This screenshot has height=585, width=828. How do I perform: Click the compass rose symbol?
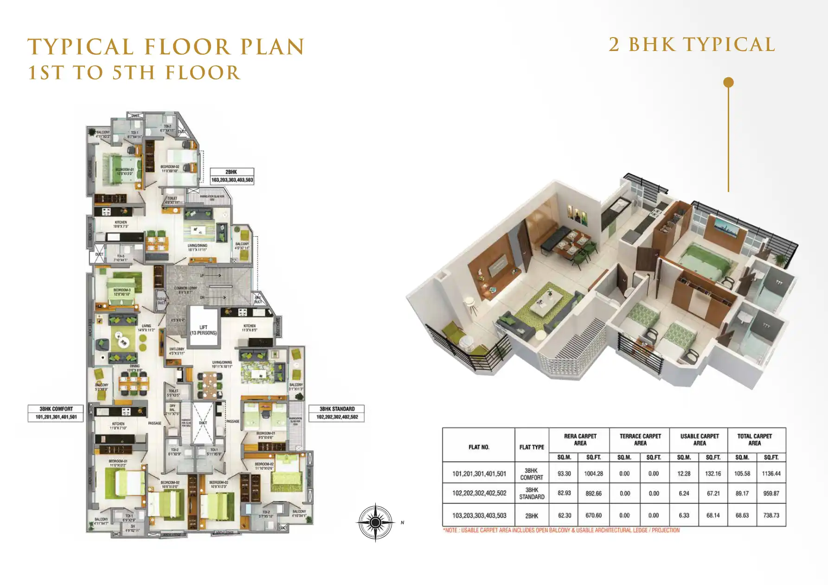[375, 522]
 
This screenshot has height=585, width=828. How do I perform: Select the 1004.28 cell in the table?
[593, 474]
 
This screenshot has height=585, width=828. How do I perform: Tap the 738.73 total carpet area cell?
[771, 515]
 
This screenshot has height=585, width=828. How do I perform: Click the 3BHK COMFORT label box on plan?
[56, 413]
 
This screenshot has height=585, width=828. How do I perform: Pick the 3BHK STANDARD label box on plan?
[337, 413]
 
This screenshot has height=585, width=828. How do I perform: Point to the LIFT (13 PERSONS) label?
[203, 330]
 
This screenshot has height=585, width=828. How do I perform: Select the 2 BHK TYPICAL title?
[692, 45]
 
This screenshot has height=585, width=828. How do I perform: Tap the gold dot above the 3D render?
[728, 83]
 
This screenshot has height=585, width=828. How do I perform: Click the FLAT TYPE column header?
[532, 447]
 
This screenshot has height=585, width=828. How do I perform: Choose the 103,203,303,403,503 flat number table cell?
[479, 515]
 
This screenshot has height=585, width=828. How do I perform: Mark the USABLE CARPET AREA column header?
[699, 439]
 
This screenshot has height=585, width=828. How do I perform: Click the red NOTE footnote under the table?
[561, 530]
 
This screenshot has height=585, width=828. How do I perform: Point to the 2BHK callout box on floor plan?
[232, 176]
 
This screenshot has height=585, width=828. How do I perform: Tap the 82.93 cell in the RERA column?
[564, 493]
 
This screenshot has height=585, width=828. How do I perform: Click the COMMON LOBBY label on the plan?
[186, 290]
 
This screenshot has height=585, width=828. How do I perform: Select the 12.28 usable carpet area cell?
[684, 474]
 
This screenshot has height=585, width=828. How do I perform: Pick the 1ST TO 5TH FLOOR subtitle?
[134, 73]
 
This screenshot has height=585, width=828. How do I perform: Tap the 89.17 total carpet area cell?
[742, 493]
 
